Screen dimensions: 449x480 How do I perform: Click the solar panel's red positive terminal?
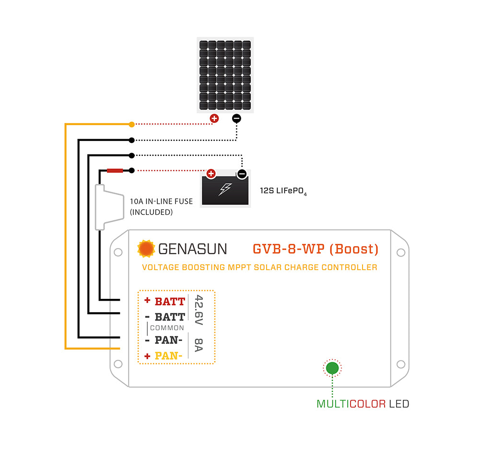[x=214, y=118]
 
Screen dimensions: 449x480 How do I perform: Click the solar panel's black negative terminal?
[x=236, y=118]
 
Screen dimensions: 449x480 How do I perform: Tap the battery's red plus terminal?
[x=211, y=174]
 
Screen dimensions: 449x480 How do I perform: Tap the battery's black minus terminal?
[x=242, y=174]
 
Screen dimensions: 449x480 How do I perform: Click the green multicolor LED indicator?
[x=332, y=368]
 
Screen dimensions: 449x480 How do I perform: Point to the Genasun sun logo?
[x=146, y=248]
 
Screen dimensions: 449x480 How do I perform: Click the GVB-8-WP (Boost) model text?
[x=316, y=249]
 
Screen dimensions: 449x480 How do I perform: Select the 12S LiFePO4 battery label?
[x=283, y=191]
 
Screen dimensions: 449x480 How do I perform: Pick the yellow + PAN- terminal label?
[x=164, y=356]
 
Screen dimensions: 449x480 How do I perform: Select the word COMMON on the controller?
[x=167, y=328]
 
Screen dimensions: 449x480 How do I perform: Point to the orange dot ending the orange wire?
[x=131, y=124]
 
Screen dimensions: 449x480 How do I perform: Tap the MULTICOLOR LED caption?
[x=363, y=404]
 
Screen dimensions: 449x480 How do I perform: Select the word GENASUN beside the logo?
[x=192, y=249]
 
